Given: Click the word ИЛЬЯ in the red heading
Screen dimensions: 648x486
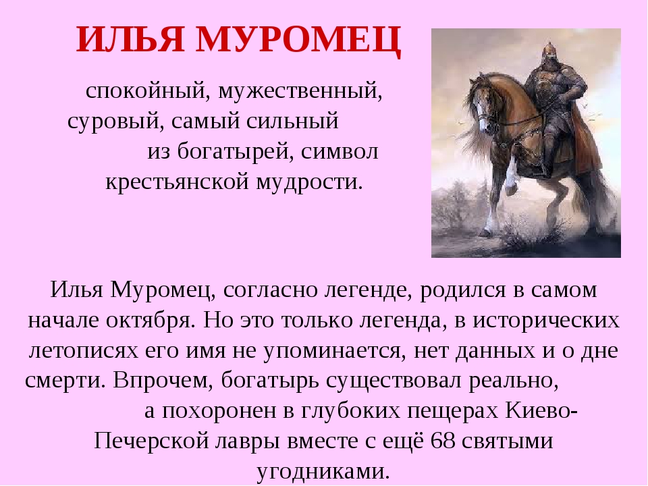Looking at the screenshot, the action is click(130, 39).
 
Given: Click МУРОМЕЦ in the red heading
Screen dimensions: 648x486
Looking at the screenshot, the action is click(298, 40).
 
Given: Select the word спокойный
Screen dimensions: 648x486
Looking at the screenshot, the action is click(145, 91).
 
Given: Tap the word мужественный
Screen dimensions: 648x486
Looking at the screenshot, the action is click(300, 91).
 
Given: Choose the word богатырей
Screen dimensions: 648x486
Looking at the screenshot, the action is click(236, 152).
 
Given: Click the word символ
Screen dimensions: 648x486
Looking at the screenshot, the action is click(340, 152).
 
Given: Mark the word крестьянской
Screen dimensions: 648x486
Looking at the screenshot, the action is click(178, 182).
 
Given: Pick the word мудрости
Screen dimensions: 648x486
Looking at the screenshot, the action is click(309, 182).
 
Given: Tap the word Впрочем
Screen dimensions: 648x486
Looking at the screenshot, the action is click(163, 380).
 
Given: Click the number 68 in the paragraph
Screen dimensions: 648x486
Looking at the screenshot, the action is click(443, 441).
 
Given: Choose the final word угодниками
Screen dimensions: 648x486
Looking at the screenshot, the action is click(323, 472).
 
